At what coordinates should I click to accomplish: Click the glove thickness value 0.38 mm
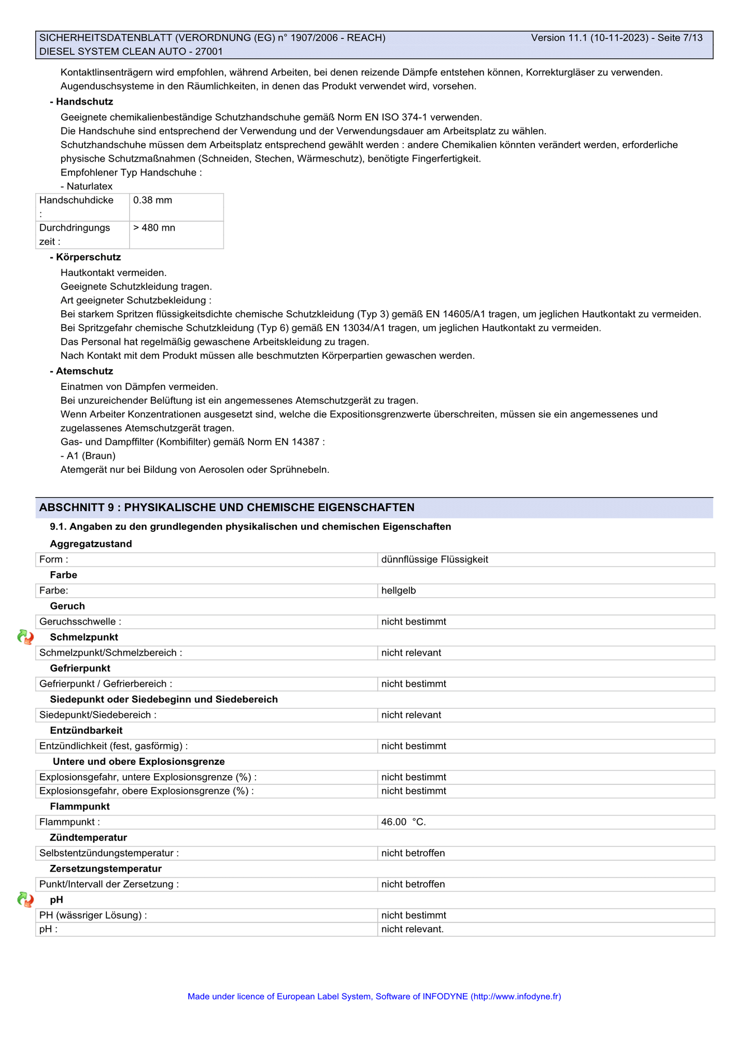[x=153, y=200]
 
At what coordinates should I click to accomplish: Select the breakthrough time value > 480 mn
[x=154, y=228]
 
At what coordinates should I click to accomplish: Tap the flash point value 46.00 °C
[x=403, y=822]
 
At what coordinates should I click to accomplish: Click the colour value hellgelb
[x=399, y=591]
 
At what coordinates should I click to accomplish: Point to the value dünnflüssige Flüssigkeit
[x=434, y=560]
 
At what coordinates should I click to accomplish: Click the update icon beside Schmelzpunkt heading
[x=25, y=637]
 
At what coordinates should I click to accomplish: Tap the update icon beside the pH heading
[x=25, y=900]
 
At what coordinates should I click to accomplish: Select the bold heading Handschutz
[x=84, y=102]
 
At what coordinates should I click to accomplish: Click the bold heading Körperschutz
[x=88, y=257]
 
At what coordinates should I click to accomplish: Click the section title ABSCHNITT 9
[x=227, y=508]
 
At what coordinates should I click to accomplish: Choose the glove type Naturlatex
[x=89, y=186]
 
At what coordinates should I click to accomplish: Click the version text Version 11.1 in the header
[x=559, y=38]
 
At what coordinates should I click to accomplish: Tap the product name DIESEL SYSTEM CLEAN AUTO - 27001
[x=131, y=52]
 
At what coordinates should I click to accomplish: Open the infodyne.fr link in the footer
[x=515, y=996]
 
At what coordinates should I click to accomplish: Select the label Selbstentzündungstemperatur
[x=109, y=853]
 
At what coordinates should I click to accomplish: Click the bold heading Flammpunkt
[x=80, y=807]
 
